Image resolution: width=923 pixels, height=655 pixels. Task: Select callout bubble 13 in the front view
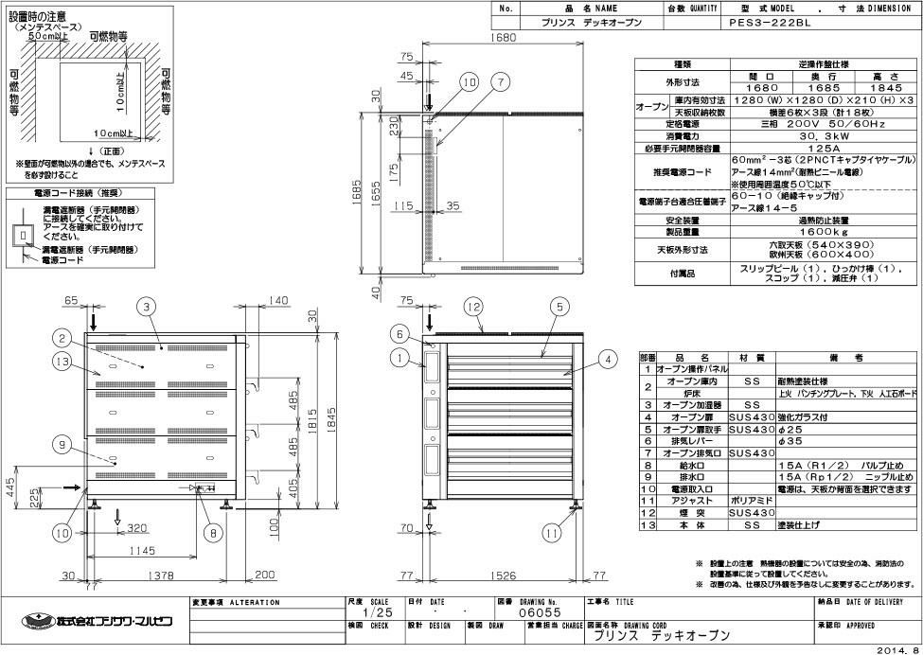tap(62, 362)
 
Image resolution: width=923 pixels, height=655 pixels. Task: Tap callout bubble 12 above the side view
tap(473, 306)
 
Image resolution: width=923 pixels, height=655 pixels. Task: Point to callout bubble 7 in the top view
tap(499, 82)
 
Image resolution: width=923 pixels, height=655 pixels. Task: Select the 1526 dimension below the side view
tap(503, 575)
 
